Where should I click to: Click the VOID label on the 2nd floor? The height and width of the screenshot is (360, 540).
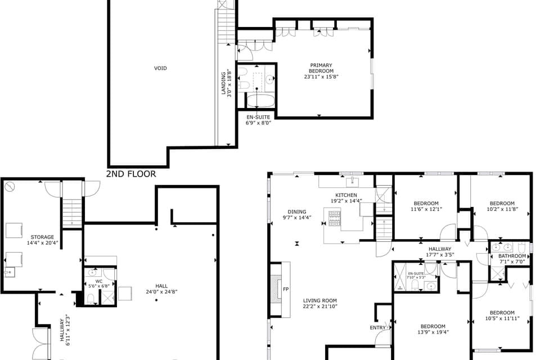point(160,69)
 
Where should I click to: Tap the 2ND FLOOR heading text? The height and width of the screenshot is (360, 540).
point(131,174)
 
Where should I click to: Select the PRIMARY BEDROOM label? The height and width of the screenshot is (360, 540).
point(321,68)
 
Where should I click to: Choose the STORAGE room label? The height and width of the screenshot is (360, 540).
point(42,237)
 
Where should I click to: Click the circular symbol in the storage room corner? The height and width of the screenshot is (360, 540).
point(9,186)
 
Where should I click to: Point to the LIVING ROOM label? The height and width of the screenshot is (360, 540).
point(319,300)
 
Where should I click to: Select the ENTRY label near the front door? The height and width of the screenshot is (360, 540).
point(377,327)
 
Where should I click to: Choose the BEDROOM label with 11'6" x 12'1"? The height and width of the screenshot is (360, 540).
point(426,204)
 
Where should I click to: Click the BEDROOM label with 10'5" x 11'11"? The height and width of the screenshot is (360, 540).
point(501,313)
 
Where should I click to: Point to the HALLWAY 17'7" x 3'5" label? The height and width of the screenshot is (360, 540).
point(440,249)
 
